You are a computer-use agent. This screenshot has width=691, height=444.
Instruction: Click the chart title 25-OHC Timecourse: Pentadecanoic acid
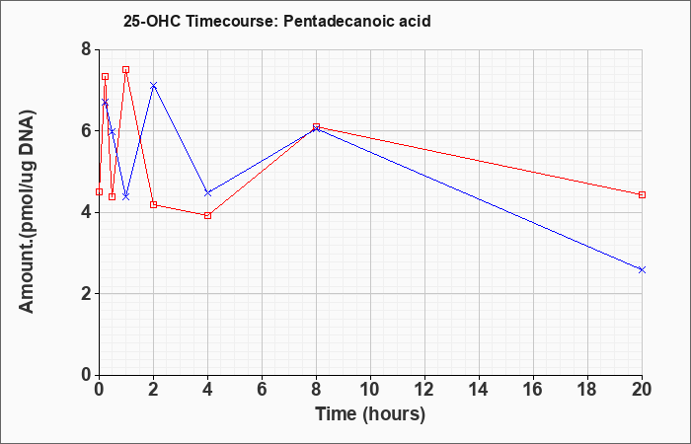tap(276, 21)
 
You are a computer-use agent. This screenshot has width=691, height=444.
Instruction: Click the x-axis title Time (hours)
tap(370, 414)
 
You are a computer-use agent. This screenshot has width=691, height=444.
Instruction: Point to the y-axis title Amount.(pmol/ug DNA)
tap(28, 211)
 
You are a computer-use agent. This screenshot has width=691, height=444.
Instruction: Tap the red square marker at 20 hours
tap(642, 194)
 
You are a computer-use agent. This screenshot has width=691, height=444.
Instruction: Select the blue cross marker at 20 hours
tap(642, 269)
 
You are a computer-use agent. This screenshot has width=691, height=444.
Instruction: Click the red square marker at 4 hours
tap(208, 215)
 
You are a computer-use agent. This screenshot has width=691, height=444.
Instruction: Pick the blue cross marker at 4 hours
tap(208, 193)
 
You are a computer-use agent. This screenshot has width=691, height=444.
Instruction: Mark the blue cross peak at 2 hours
tap(153, 85)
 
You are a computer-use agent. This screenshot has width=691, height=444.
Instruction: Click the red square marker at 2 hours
tap(153, 204)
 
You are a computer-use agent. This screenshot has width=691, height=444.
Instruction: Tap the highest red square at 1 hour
tap(126, 70)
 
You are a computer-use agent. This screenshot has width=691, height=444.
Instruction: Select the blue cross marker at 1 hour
tap(126, 196)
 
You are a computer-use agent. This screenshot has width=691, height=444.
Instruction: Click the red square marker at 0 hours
tap(99, 192)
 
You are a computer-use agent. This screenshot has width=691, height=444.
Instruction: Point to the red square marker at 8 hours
tap(317, 127)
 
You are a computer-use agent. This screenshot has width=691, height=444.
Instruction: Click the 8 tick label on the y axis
tap(87, 49)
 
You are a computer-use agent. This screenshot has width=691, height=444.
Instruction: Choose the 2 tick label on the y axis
tap(87, 294)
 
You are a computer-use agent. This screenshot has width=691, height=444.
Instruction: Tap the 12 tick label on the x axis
tap(424, 390)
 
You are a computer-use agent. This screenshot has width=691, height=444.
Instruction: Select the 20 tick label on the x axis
tap(642, 390)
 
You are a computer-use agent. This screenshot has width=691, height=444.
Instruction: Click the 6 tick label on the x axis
tap(263, 390)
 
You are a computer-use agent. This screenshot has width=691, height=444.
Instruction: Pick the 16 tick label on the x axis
tap(534, 390)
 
